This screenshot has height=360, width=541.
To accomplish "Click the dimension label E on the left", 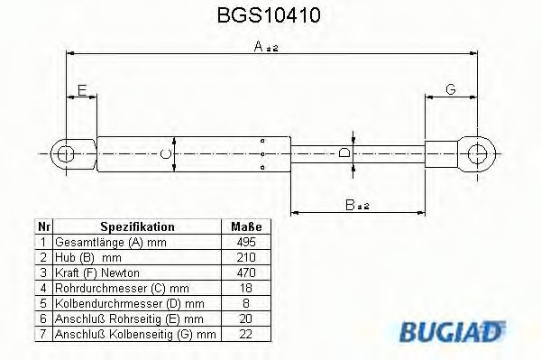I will coord(81,89).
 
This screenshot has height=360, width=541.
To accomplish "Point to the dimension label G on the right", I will coord(451,88).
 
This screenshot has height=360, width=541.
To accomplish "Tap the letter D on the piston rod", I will coord(344,154).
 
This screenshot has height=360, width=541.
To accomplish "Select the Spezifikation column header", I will coord(137,227).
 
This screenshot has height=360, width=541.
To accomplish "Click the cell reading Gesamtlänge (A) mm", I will coord(99,243).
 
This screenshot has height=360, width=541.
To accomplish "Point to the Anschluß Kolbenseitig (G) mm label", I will coord(135,334).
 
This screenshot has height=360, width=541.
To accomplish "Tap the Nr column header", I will coord(42,227).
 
